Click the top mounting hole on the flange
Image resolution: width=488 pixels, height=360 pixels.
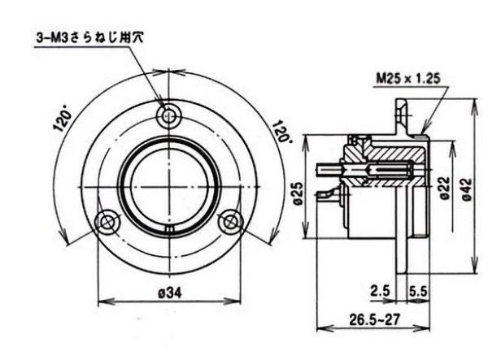click(x=168, y=116)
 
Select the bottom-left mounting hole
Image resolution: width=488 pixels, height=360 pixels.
click(x=106, y=220)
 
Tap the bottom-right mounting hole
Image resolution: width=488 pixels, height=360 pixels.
click(x=231, y=219)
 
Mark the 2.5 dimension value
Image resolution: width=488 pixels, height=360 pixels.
click(x=380, y=289)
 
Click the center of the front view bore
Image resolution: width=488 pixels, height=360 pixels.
click(x=168, y=184)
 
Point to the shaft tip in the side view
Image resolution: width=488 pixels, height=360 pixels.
click(x=324, y=168)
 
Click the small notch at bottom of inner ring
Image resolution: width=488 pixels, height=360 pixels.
click(x=168, y=232)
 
